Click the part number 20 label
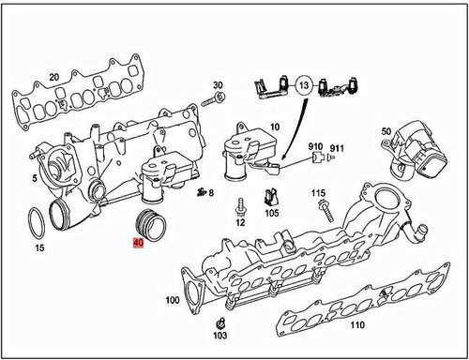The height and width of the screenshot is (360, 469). point(53,77)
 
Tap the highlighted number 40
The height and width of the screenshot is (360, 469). point(138,243)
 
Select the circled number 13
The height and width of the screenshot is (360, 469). point(303,84)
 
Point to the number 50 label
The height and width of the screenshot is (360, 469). point(386,131)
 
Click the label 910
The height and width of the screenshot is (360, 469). point(316,148)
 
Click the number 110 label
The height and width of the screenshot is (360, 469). point(356,326)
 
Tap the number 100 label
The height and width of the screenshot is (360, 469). point(172,301)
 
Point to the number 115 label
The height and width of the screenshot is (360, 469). point(319,193)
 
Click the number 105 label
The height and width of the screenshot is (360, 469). point(272,213)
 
